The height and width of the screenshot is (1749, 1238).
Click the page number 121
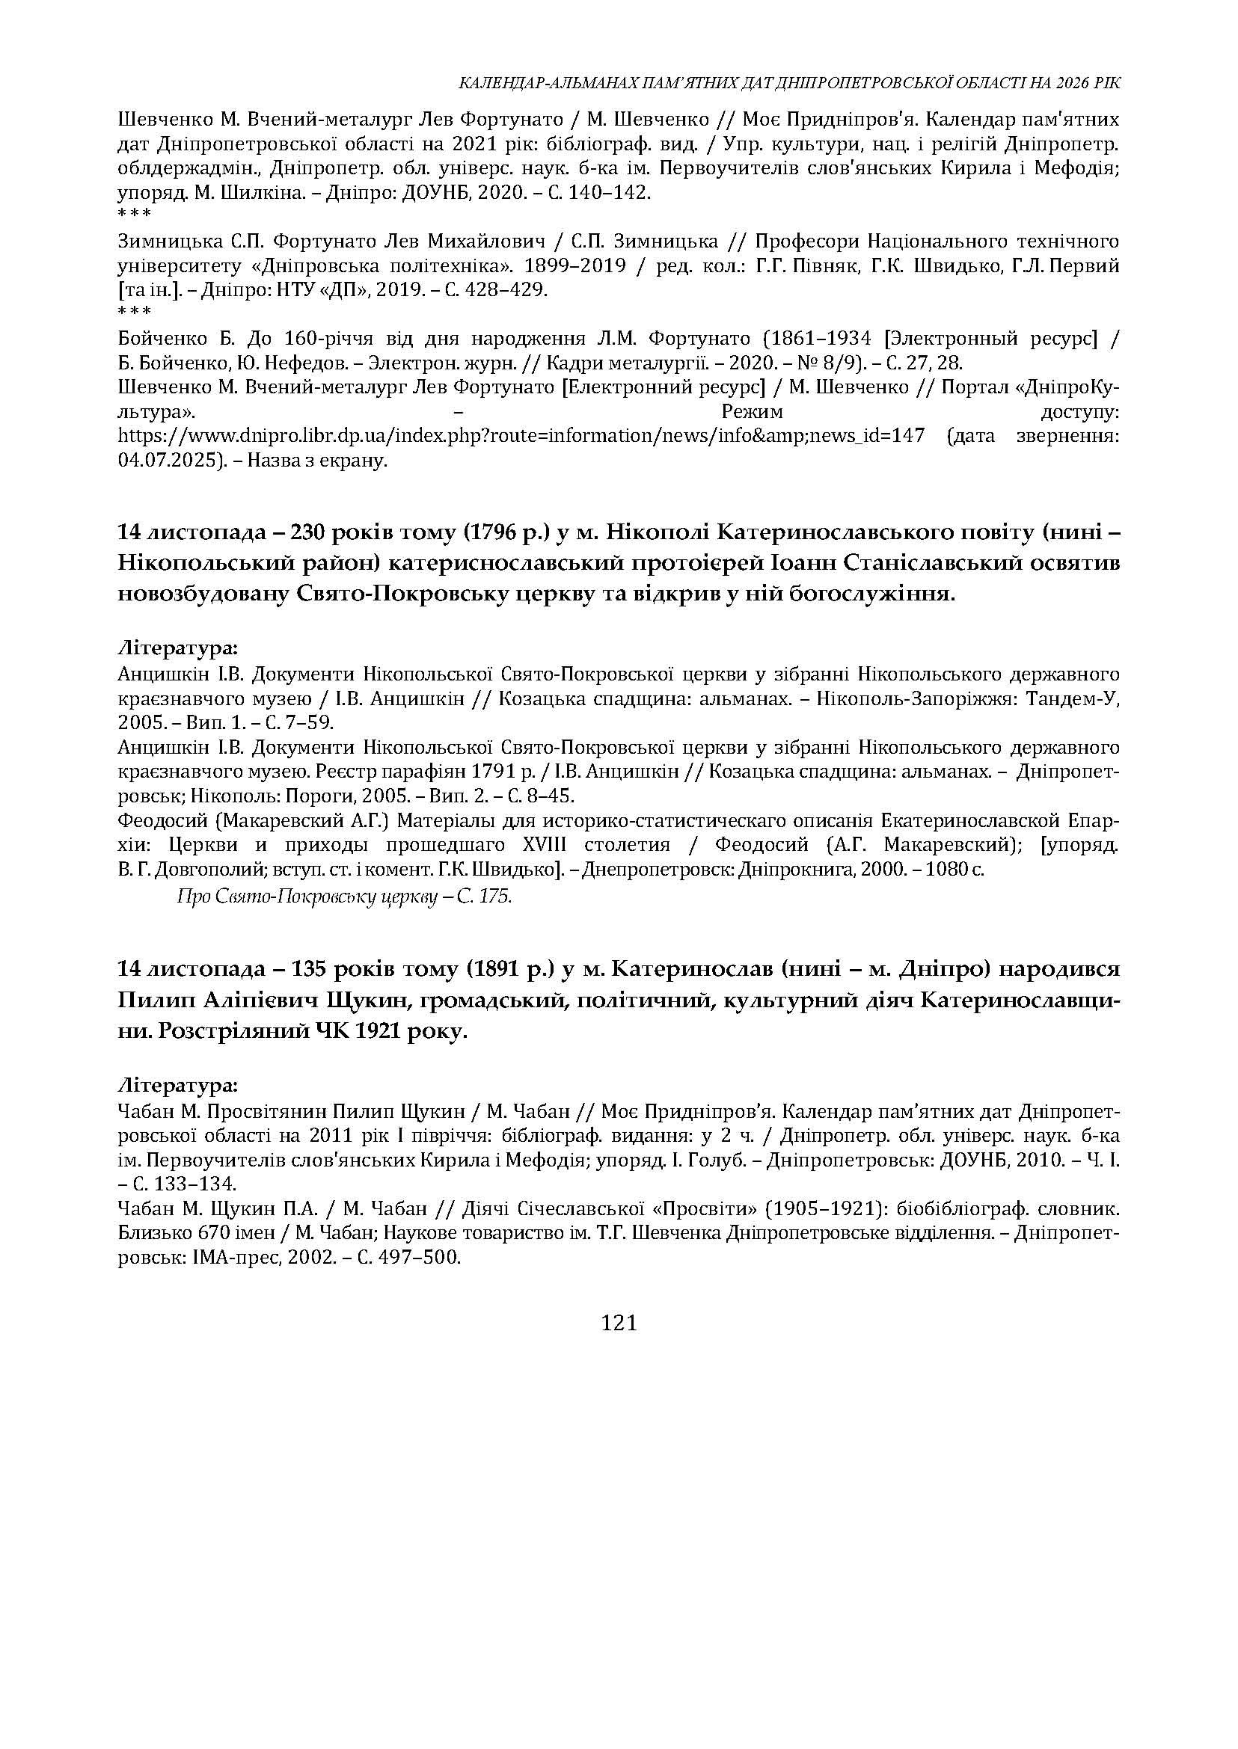(x=619, y=1323)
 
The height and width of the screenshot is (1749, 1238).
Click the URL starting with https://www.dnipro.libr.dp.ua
(x=521, y=436)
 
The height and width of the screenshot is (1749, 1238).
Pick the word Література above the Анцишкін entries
(x=177, y=648)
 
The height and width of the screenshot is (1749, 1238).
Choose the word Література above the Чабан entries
(x=177, y=1084)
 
